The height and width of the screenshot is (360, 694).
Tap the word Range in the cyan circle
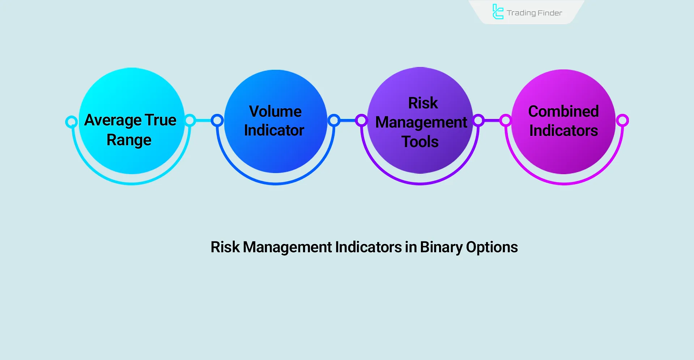pyautogui.click(x=129, y=140)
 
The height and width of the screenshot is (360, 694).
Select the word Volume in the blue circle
pyautogui.click(x=275, y=111)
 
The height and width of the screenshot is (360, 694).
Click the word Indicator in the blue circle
pyautogui.click(x=274, y=130)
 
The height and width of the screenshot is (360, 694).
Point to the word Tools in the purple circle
pyautogui.click(x=420, y=142)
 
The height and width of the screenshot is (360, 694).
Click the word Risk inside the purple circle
pyautogui.click(x=423, y=103)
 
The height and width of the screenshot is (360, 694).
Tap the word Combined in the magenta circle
pyautogui.click(x=563, y=111)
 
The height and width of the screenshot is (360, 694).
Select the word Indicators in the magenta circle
pyautogui.click(x=563, y=130)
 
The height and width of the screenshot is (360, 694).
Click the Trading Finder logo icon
pyautogui.click(x=498, y=12)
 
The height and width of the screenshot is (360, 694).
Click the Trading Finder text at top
pyautogui.click(x=534, y=13)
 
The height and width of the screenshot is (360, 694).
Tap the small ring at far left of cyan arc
pyautogui.click(x=72, y=122)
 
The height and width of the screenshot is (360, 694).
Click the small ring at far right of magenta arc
pyautogui.click(x=622, y=120)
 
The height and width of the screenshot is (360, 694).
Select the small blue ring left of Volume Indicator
pyautogui.click(x=217, y=120)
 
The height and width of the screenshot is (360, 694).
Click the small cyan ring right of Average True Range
pyautogui.click(x=190, y=120)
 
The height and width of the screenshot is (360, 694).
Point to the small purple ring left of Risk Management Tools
pyautogui.click(x=361, y=120)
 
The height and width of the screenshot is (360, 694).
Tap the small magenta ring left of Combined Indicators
pyautogui.click(x=506, y=120)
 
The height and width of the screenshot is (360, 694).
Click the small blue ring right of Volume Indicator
pyautogui.click(x=334, y=120)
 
